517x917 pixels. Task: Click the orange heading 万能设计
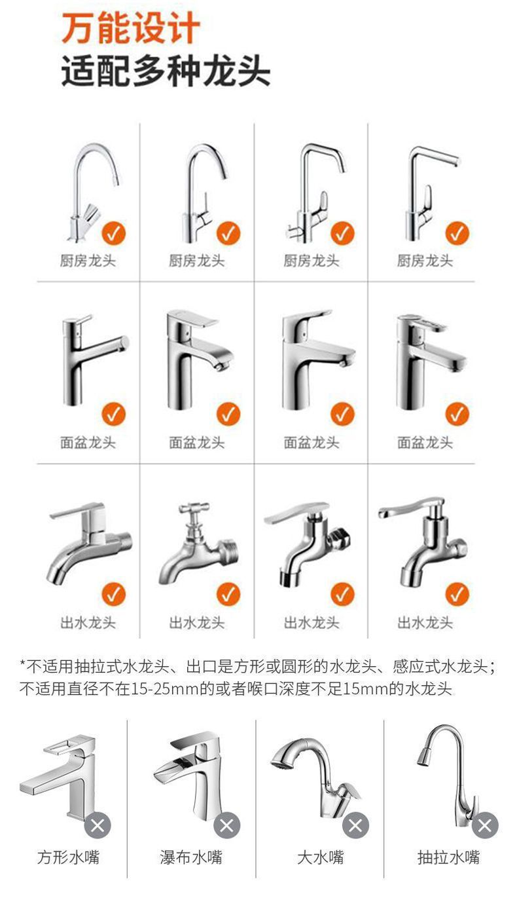(131, 29)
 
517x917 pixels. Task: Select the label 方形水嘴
(68, 857)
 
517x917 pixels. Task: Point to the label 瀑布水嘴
(191, 857)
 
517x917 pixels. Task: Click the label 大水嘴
(320, 857)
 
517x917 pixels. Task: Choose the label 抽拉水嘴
(448, 857)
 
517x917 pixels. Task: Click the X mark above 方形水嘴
(98, 825)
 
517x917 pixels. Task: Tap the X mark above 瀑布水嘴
(226, 825)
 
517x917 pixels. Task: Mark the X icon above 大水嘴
(355, 825)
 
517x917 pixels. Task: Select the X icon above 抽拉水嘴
(485, 825)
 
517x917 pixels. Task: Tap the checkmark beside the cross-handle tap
(228, 595)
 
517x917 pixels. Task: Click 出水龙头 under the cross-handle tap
(197, 623)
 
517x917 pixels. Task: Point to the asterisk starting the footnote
(22, 667)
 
